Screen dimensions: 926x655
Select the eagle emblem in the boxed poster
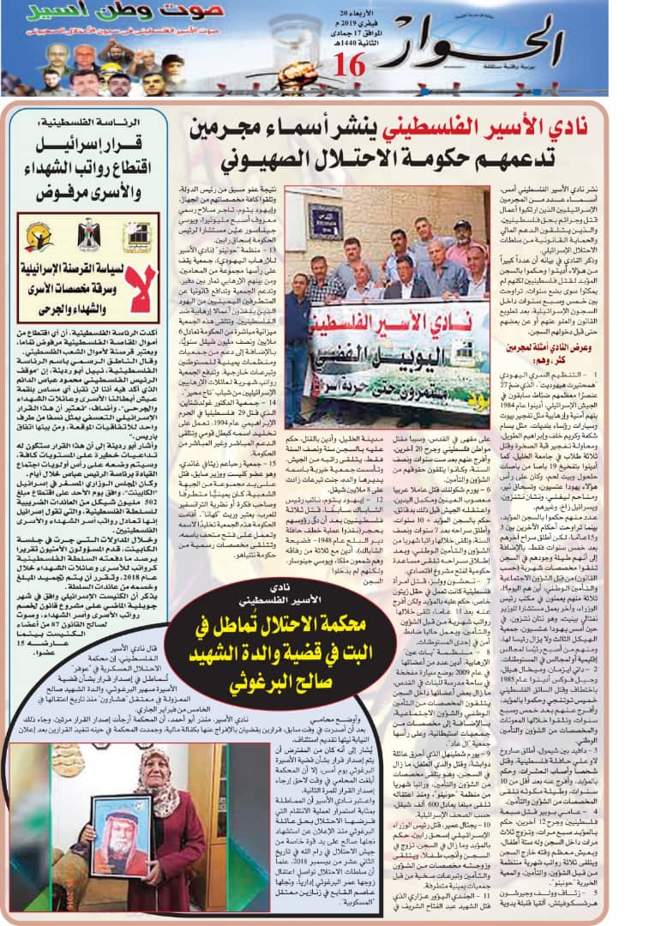[87, 234]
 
